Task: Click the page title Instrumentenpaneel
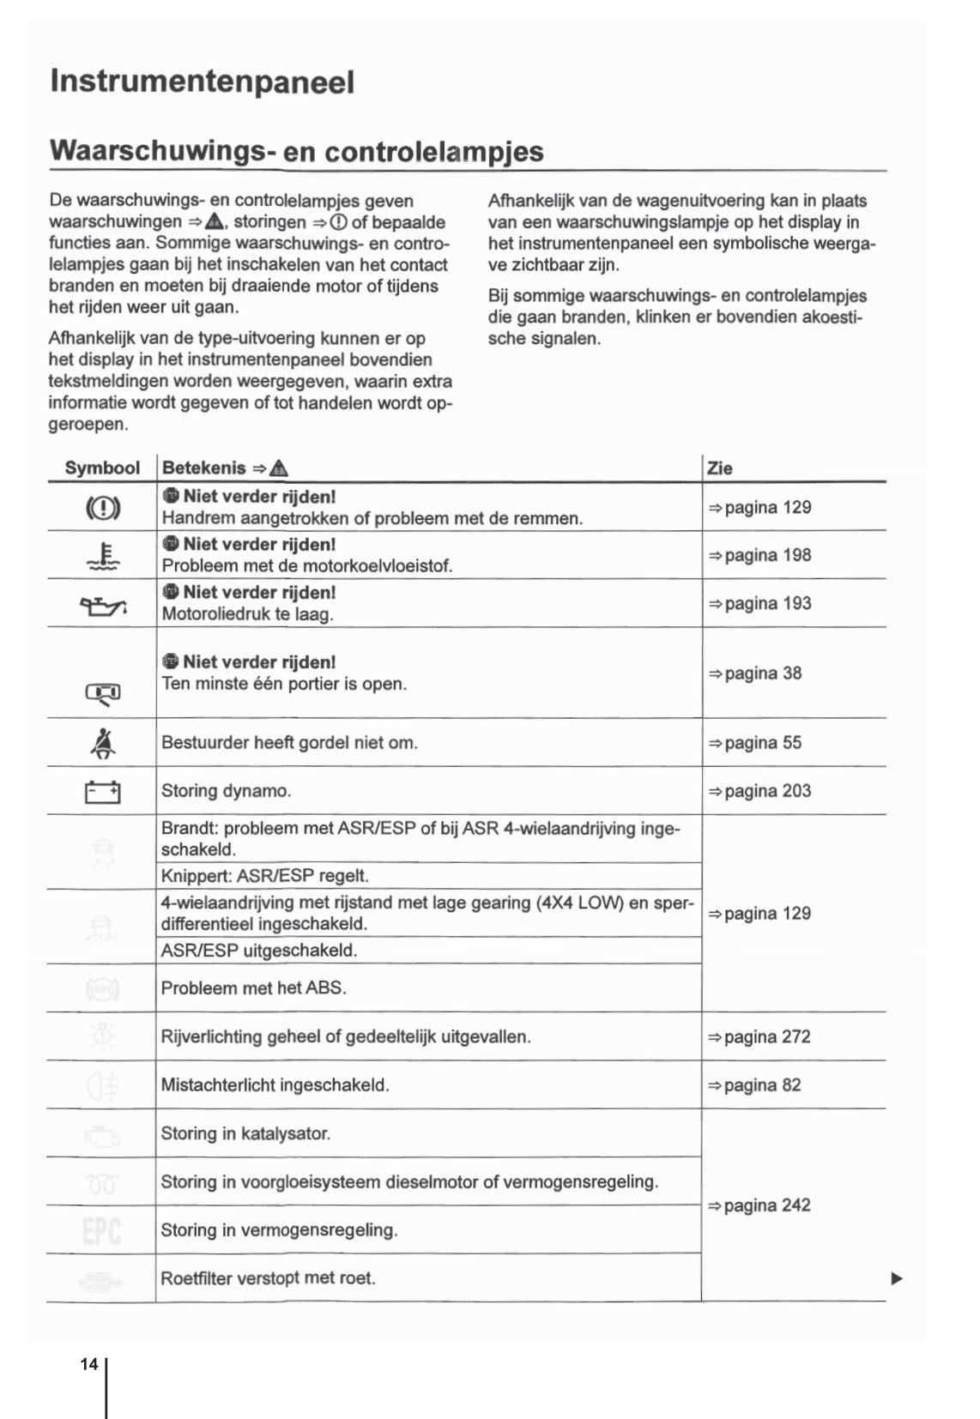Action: pyautogui.click(x=202, y=82)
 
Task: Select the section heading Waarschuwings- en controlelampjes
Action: pyautogui.click(x=296, y=151)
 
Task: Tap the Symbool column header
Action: pyautogui.click(x=102, y=468)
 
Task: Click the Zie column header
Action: pyautogui.click(x=719, y=468)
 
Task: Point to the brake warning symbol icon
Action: pyautogui.click(x=103, y=508)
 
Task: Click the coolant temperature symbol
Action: pyautogui.click(x=103, y=557)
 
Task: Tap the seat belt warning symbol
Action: pyautogui.click(x=103, y=743)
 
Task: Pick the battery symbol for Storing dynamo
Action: pyautogui.click(x=103, y=792)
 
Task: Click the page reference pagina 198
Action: pyautogui.click(x=759, y=555)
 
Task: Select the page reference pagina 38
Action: pyautogui.click(x=755, y=673)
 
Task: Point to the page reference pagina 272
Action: pyautogui.click(x=759, y=1036)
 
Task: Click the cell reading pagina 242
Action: pyautogui.click(x=759, y=1205)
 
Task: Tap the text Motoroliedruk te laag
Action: pyautogui.click(x=247, y=614)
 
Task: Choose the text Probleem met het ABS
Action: pyautogui.click(x=254, y=988)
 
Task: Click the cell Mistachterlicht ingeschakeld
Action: pyautogui.click(x=275, y=1085)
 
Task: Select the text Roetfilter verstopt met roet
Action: pyautogui.click(x=268, y=1278)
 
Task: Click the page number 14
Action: pyautogui.click(x=89, y=1364)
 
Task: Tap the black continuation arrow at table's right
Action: pyautogui.click(x=897, y=1278)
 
